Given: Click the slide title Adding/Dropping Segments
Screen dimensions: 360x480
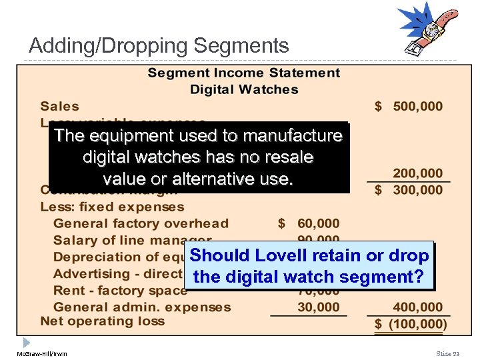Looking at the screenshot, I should pyautogui.click(x=159, y=46).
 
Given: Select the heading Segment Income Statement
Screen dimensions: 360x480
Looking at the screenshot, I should pyautogui.click(x=243, y=73).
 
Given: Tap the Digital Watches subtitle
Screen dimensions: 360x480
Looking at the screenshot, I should pyautogui.click(x=244, y=89).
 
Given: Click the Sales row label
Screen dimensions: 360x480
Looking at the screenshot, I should pyautogui.click(x=59, y=106).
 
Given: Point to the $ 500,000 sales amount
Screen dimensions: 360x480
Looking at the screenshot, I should pyautogui.click(x=408, y=106).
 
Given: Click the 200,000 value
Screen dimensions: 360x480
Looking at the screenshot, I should pyautogui.click(x=417, y=173).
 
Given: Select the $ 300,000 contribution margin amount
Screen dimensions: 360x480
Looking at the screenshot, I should pyautogui.click(x=408, y=190).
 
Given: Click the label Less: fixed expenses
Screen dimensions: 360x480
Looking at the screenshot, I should pyautogui.click(x=112, y=207).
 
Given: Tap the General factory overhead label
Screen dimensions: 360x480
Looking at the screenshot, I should pyautogui.click(x=141, y=223).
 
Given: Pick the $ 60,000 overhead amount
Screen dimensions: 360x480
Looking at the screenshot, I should pyautogui.click(x=309, y=223).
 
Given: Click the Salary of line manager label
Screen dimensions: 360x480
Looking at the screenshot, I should pyautogui.click(x=132, y=240).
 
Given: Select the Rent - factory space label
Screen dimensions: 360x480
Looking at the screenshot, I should pyautogui.click(x=120, y=291).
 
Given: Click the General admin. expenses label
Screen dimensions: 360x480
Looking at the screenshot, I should pyautogui.click(x=142, y=307).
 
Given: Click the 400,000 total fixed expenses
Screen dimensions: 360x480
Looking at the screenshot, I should pyautogui.click(x=417, y=307).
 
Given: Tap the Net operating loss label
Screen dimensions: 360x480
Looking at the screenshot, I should pyautogui.click(x=102, y=321).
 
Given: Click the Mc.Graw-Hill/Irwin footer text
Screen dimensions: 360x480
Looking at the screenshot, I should pyautogui.click(x=41, y=353).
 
